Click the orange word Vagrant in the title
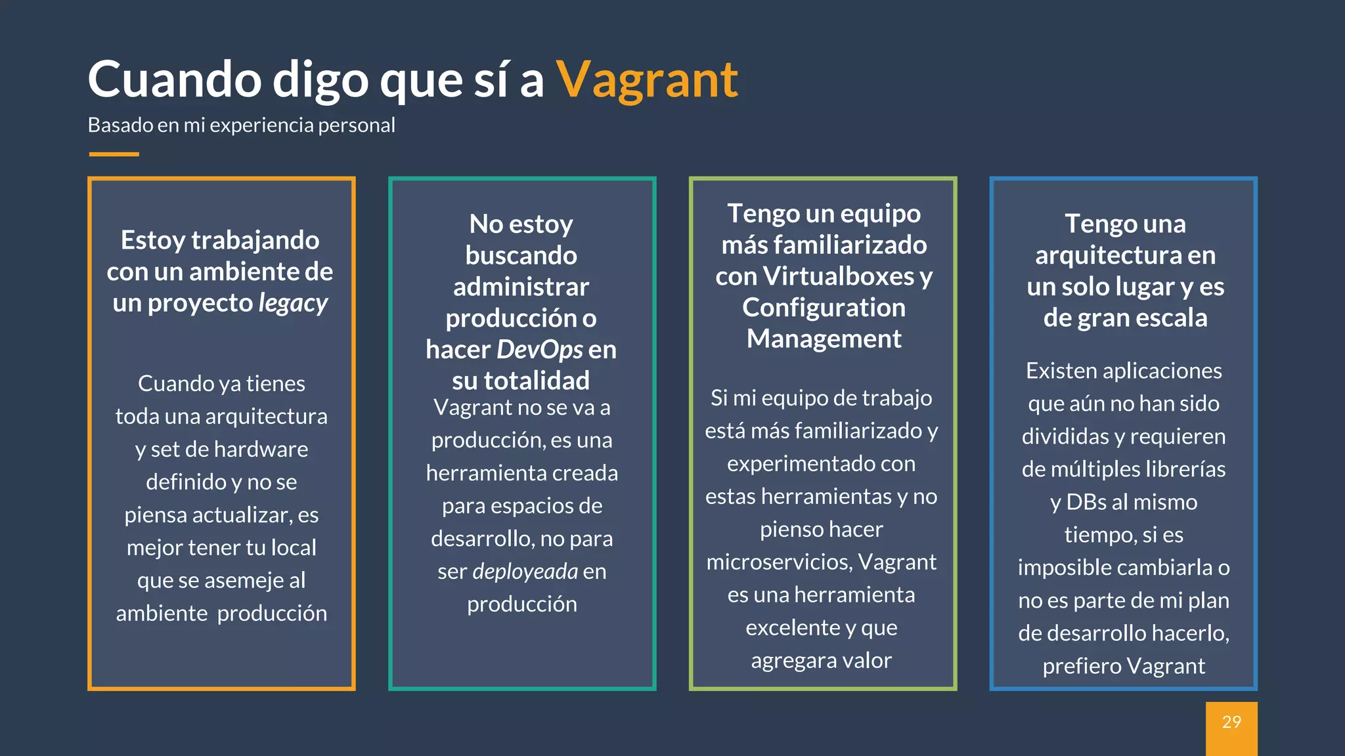647,80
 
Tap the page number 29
1231,723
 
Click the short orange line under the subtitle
114,154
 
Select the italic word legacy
293,303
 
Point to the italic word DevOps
539,350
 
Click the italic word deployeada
525,572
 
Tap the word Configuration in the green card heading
824,308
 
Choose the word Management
824,339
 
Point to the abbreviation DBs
1086,502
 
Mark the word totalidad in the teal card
537,381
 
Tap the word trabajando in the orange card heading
255,240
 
